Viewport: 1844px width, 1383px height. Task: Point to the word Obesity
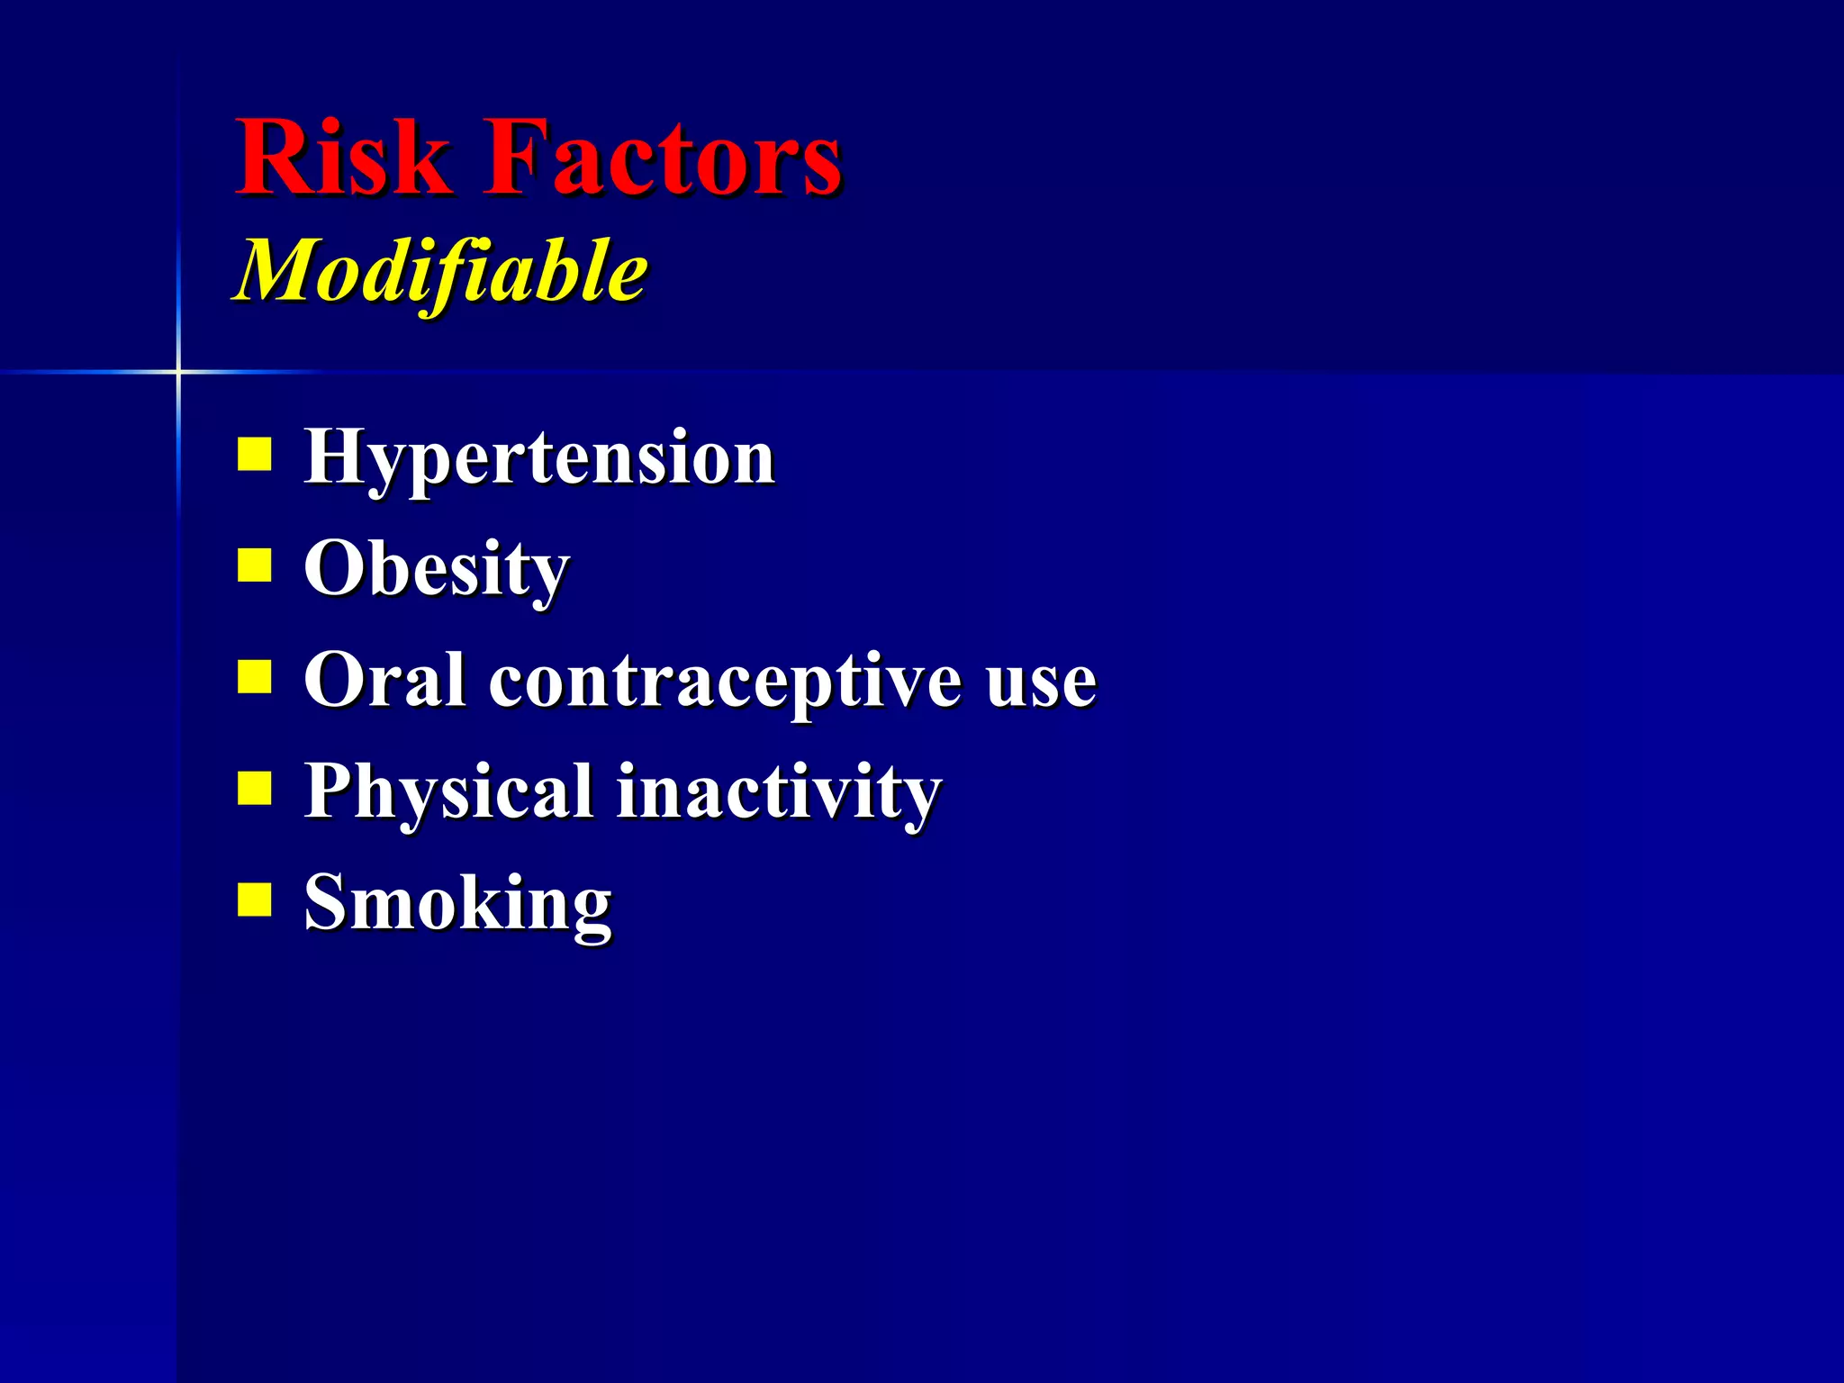[437, 570]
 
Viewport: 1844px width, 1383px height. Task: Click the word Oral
[384, 680]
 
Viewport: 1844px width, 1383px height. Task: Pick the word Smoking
[457, 903]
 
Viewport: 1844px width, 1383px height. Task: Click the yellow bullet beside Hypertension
[255, 455]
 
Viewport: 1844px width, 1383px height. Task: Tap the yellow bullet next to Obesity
[255, 565]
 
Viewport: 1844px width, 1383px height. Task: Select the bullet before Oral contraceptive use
[255, 676]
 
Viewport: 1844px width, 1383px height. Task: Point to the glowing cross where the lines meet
[178, 371]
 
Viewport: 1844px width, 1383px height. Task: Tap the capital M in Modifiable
[279, 270]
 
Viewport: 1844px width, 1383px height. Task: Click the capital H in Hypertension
[335, 456]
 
